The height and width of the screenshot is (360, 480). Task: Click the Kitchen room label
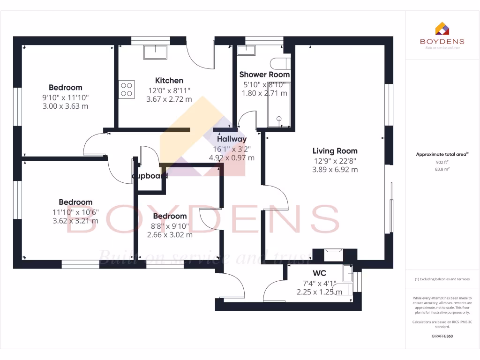point(169,81)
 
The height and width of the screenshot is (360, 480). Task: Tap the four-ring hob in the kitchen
point(127,90)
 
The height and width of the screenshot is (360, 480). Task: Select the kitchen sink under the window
point(155,52)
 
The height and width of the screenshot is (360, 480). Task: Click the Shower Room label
point(264,75)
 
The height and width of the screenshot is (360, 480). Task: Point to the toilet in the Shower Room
point(281,63)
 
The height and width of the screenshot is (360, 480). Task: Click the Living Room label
point(335,151)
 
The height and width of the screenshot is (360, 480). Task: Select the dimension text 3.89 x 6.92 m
point(335,170)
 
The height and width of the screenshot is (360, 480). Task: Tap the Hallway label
point(232,139)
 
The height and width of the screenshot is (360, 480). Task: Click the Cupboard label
point(150,176)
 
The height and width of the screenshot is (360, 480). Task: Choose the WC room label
point(319,273)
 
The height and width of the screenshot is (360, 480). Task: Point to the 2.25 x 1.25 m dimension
point(319,292)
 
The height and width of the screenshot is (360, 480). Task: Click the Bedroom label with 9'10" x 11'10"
point(65,88)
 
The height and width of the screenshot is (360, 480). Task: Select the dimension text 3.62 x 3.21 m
point(75,221)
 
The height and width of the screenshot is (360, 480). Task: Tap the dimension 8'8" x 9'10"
point(170,225)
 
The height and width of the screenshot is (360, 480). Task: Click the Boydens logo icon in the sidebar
point(442,29)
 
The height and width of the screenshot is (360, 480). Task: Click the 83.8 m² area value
point(442,169)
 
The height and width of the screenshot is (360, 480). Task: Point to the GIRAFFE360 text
point(442,336)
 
